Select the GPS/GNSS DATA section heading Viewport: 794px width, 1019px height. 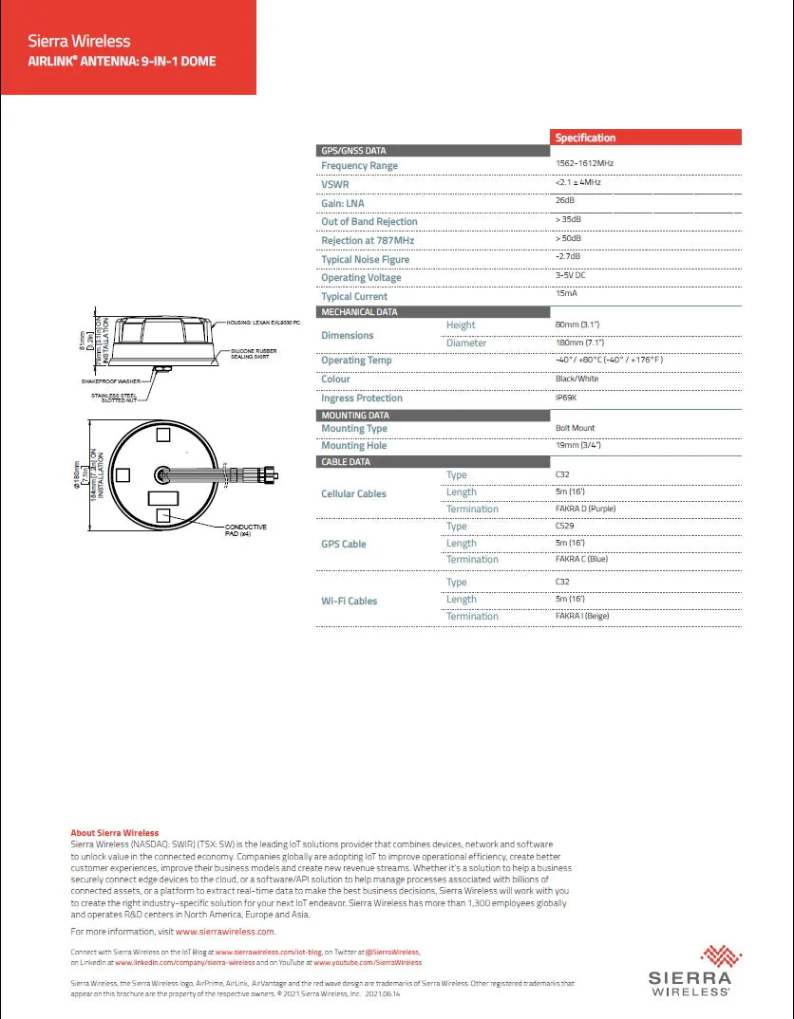tap(353, 151)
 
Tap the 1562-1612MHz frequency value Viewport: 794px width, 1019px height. tap(585, 164)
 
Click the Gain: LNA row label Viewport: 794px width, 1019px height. tap(342, 203)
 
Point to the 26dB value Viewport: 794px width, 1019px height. tap(564, 201)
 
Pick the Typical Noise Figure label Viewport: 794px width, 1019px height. tap(365, 259)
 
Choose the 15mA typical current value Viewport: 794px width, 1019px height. tap(565, 294)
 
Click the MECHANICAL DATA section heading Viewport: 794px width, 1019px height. tap(359, 312)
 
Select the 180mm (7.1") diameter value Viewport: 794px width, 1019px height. tap(579, 343)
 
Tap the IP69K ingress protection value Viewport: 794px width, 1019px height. tap(566, 398)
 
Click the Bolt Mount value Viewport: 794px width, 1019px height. tap(575, 428)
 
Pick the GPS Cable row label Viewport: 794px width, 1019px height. tap(343, 544)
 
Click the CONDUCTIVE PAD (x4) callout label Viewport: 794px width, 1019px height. tap(245, 530)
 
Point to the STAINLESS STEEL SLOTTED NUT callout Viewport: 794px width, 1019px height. tap(114, 398)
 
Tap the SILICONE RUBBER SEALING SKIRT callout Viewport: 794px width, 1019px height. tap(253, 354)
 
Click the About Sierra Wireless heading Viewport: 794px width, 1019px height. tap(114, 833)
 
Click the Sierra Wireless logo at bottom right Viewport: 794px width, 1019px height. tap(690, 970)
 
